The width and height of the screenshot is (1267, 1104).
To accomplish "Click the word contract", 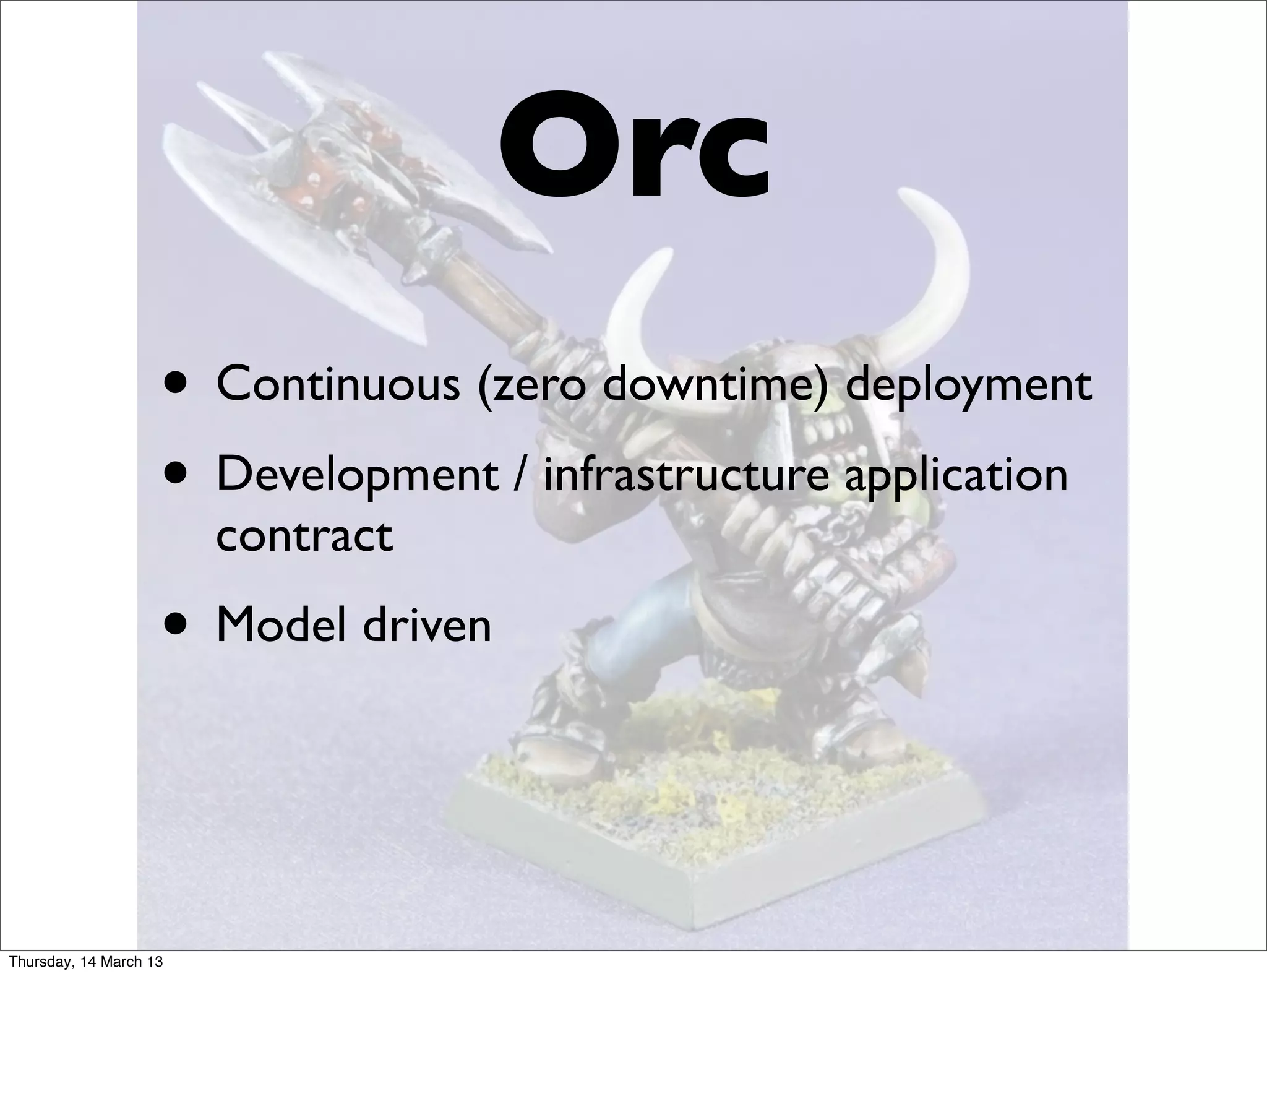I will (x=304, y=536).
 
